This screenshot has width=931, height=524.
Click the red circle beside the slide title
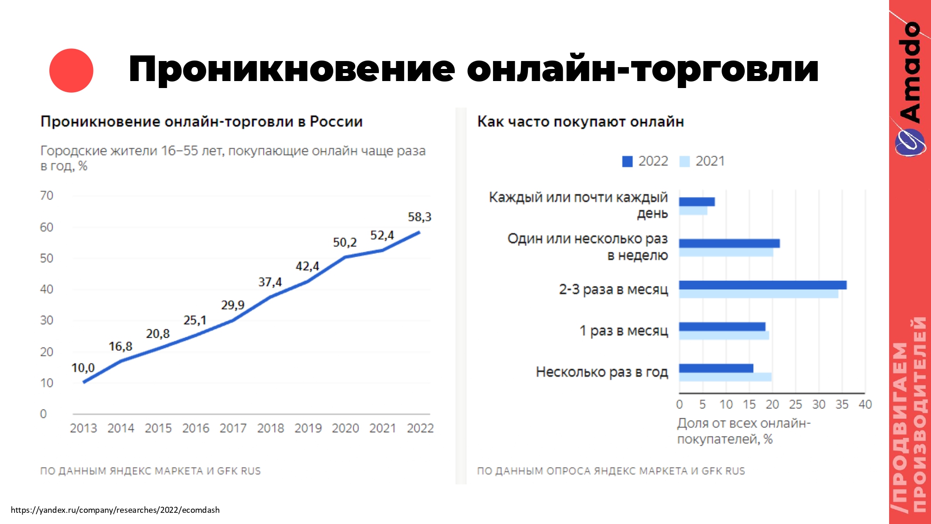pyautogui.click(x=71, y=70)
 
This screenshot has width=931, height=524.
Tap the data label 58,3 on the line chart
pyautogui.click(x=419, y=217)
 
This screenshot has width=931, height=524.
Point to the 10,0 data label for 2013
pyautogui.click(x=83, y=368)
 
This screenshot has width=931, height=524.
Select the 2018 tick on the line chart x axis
pyautogui.click(x=270, y=428)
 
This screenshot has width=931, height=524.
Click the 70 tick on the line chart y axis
pyautogui.click(x=47, y=196)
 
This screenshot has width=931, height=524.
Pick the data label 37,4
pyautogui.click(x=270, y=282)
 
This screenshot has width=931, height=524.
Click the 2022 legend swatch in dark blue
pyautogui.click(x=627, y=161)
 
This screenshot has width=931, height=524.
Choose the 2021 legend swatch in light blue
pyautogui.click(x=684, y=161)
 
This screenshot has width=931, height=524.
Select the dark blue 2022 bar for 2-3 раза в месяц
pyautogui.click(x=762, y=285)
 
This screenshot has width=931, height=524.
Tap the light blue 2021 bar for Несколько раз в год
pyautogui.click(x=725, y=377)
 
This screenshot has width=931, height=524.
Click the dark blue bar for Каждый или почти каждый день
pyautogui.click(x=697, y=202)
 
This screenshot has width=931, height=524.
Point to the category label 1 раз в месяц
pyautogui.click(x=623, y=331)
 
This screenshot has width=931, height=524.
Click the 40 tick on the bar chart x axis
pyautogui.click(x=865, y=404)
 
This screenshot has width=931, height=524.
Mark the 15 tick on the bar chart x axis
pyautogui.click(x=749, y=404)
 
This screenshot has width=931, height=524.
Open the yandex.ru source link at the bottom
pyautogui.click(x=115, y=510)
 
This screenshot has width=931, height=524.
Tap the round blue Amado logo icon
pyautogui.click(x=910, y=142)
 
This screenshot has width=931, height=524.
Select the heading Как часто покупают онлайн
pyautogui.click(x=580, y=122)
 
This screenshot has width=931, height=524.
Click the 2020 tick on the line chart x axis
pyautogui.click(x=345, y=428)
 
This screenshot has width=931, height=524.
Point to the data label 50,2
pyautogui.click(x=344, y=242)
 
